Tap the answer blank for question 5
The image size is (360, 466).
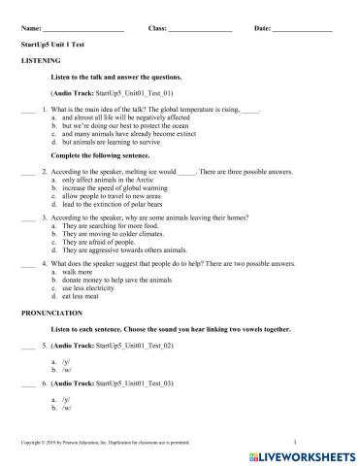click(26, 346)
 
